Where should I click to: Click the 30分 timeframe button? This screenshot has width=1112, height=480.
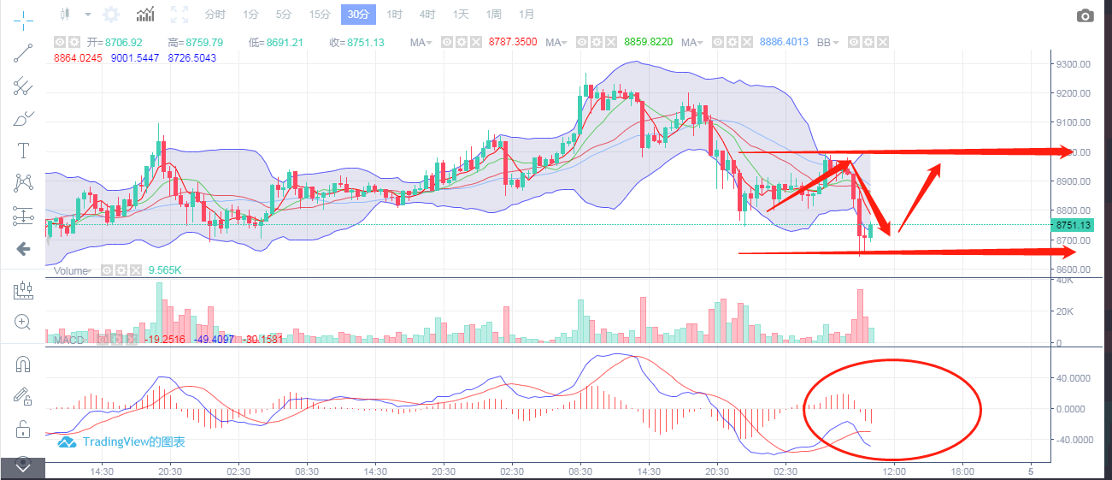pyautogui.click(x=357, y=15)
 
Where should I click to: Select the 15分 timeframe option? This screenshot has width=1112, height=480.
pyautogui.click(x=320, y=15)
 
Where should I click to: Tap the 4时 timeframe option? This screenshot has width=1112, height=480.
pyautogui.click(x=427, y=15)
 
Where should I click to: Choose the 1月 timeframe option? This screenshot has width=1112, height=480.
pyautogui.click(x=527, y=15)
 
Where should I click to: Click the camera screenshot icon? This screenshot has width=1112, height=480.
pyautogui.click(x=1086, y=15)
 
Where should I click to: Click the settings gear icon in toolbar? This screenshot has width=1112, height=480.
pyautogui.click(x=111, y=15)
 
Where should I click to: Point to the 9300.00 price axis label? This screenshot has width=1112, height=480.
pyautogui.click(x=1072, y=64)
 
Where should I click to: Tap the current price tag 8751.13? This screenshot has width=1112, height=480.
pyautogui.click(x=1073, y=225)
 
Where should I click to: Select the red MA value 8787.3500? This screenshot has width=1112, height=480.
pyautogui.click(x=513, y=42)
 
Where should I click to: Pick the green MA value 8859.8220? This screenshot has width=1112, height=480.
pyautogui.click(x=649, y=42)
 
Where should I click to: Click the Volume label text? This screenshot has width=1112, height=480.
pyautogui.click(x=71, y=270)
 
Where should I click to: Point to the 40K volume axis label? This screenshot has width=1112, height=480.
pyautogui.click(x=1065, y=281)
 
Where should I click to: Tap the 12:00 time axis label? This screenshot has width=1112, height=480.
pyautogui.click(x=894, y=471)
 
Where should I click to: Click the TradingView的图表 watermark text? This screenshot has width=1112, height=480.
pyautogui.click(x=133, y=442)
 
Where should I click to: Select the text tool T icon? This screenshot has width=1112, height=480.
pyautogui.click(x=23, y=151)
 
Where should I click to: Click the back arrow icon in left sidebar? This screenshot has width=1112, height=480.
pyautogui.click(x=23, y=249)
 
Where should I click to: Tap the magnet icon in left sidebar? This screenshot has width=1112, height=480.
pyautogui.click(x=23, y=364)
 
